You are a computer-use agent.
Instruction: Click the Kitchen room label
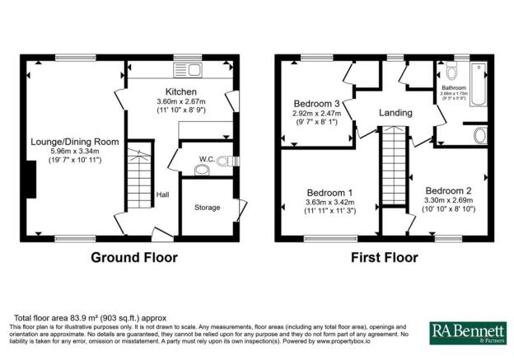pos(180,91)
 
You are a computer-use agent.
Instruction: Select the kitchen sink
pos(189,69)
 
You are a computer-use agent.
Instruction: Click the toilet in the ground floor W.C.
pos(199,171)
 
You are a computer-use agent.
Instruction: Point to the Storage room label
pos(207,208)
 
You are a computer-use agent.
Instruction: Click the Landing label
pos(395,113)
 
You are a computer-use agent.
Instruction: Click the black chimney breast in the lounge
pos(30,180)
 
